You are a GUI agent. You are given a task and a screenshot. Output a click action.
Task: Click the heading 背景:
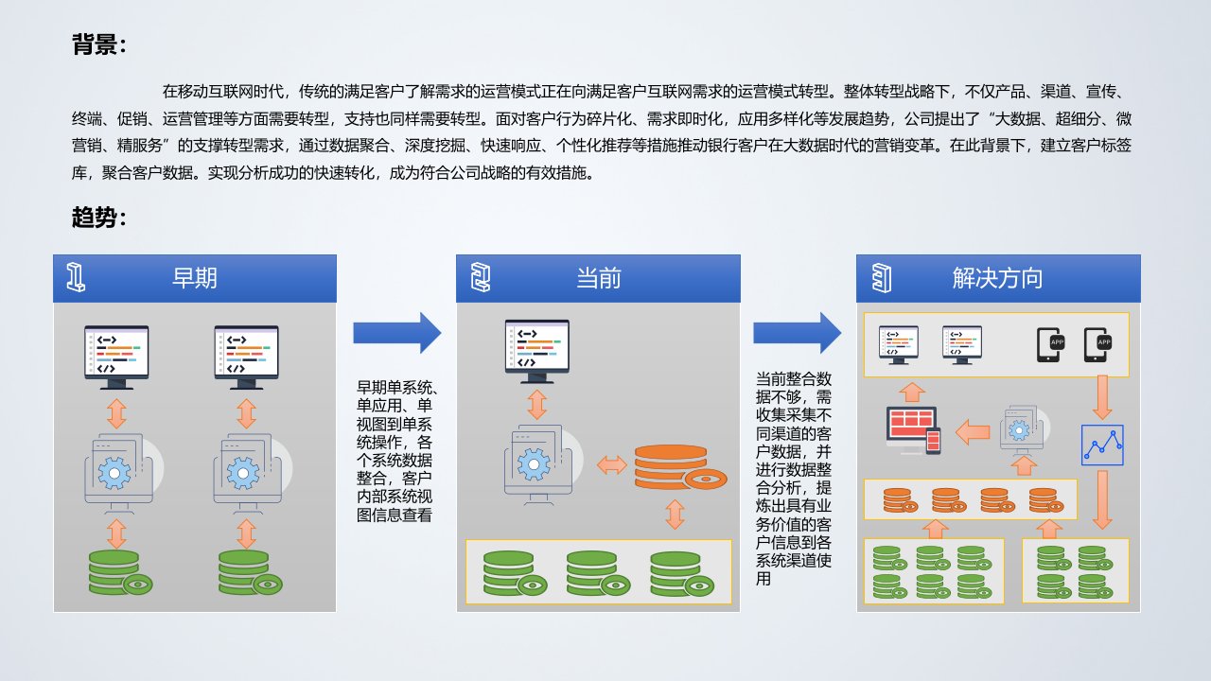coord(98,45)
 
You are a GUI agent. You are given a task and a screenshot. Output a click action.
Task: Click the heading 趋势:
coord(98,218)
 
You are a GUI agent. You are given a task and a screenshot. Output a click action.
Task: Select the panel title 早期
coord(195,278)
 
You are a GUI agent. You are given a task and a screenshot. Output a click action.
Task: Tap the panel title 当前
coord(599,278)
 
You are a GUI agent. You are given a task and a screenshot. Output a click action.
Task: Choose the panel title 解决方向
coord(997,278)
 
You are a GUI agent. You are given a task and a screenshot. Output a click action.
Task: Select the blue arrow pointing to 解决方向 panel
coord(798,332)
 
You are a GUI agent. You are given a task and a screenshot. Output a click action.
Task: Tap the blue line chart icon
coord(1102,445)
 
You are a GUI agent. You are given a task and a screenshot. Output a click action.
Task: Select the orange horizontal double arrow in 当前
coord(611,464)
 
